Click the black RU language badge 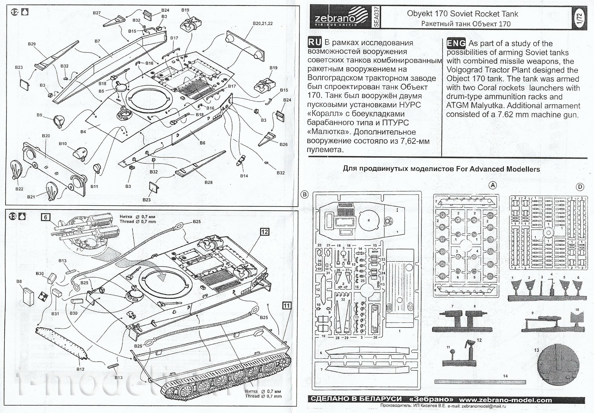coord(315,42)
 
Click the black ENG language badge coord(456,43)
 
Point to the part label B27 coord(97,13)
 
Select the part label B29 coord(32,44)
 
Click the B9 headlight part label coord(39,115)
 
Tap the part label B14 coord(244,176)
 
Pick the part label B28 coord(208,182)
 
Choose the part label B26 coord(283,144)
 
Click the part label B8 coord(19,281)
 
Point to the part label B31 coord(55,314)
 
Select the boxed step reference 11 coord(286,306)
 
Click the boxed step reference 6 coord(45,217)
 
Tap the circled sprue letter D coord(580,186)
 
